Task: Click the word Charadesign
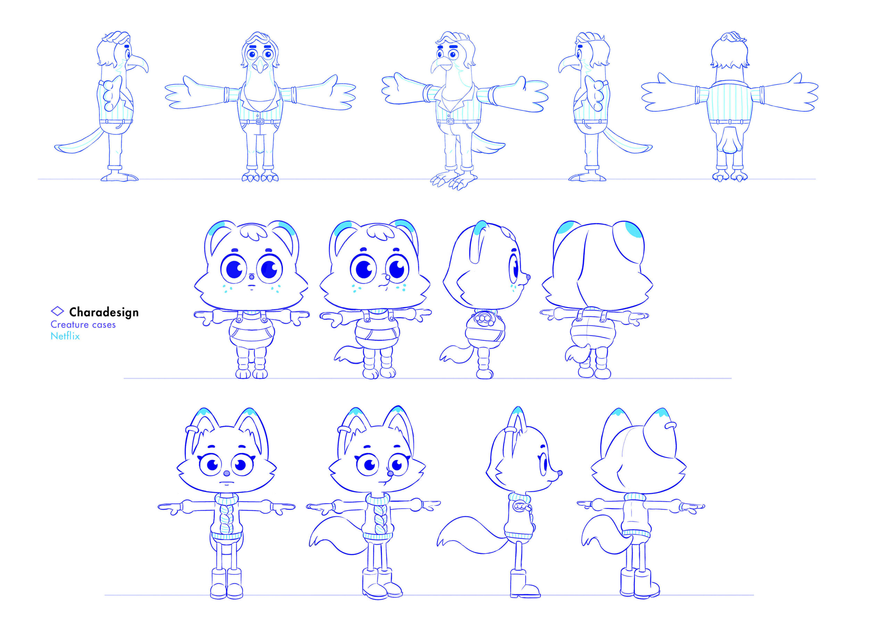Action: tap(104, 312)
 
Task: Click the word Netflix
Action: tap(65, 336)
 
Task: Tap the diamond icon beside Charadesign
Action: tap(57, 311)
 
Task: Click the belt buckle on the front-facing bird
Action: tap(260, 121)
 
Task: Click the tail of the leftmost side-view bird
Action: tap(80, 142)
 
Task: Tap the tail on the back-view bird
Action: tap(730, 139)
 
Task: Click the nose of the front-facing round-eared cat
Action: tap(251, 277)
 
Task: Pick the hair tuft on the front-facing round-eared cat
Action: tap(253, 232)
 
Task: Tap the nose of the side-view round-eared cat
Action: tap(528, 277)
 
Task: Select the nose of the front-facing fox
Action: tap(227, 474)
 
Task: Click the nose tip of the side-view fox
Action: tap(560, 473)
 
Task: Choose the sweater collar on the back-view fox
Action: tap(635, 497)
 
